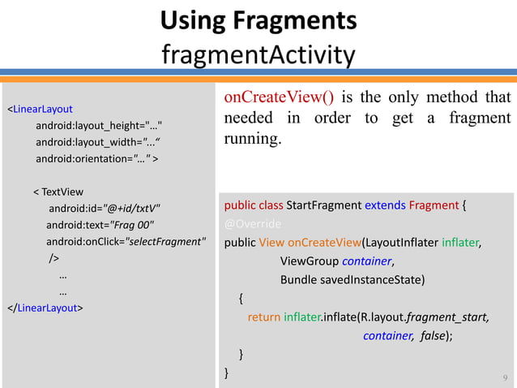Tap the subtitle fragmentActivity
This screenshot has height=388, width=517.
(258, 55)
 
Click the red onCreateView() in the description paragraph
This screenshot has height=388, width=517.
(279, 98)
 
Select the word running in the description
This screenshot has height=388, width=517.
(251, 139)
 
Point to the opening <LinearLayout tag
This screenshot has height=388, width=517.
(40, 109)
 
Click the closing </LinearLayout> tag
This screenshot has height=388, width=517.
(45, 308)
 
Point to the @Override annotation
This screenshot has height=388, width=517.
(253, 223)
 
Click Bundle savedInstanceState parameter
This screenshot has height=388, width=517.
(352, 280)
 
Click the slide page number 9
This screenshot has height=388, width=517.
(504, 377)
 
